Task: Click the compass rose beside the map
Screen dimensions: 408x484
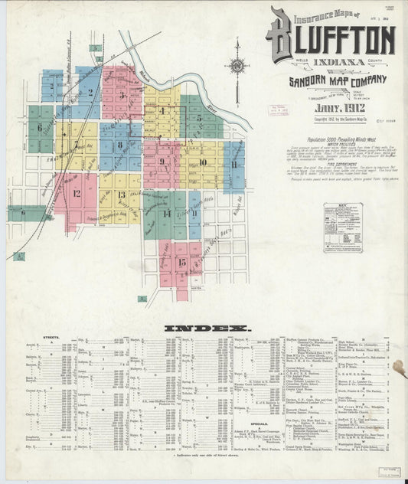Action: pos(238,67)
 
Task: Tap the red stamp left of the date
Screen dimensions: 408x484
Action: pos(273,110)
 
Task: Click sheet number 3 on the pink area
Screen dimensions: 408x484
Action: pos(122,96)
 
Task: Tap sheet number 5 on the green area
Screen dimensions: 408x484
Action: pos(198,118)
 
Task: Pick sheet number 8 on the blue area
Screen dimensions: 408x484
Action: pos(119,145)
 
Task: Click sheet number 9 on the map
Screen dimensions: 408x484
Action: pos(162,162)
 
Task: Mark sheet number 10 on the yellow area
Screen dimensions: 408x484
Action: pos(203,162)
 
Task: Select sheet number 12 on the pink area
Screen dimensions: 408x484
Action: pos(77,193)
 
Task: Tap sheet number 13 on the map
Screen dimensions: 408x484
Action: pos(121,195)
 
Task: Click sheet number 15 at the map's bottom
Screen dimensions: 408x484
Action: pos(181,262)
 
